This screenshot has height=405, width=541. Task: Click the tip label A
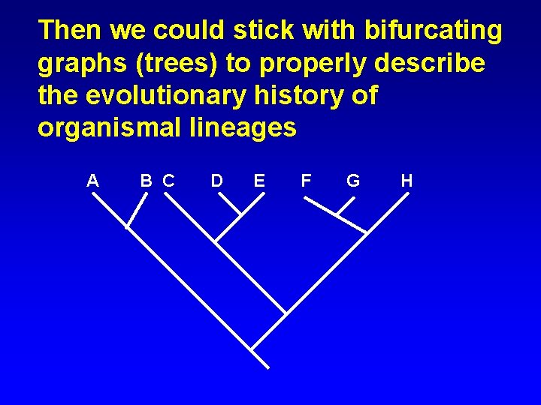92,180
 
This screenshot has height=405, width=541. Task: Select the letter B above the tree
147,180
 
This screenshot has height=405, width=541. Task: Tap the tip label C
168,180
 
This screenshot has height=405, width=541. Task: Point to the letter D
216,180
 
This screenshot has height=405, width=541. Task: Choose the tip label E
259,180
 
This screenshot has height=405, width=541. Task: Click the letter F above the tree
306,180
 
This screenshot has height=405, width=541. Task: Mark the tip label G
352,180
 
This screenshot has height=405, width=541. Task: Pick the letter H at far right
407,180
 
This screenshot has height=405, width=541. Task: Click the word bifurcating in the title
433,31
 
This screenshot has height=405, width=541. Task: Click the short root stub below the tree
260,358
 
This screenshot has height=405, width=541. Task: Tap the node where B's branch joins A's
126,226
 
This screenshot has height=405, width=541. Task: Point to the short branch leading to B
136,209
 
